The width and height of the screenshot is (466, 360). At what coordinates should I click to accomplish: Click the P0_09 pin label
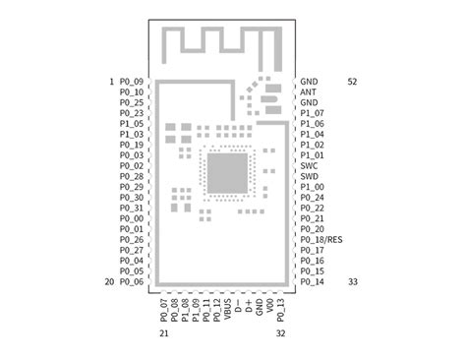[x=132, y=82]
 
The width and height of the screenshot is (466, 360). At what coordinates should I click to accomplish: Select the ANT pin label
[x=309, y=92]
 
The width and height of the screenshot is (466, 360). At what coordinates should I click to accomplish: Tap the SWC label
[x=310, y=166]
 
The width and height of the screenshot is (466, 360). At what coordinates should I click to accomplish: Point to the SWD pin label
[x=310, y=177]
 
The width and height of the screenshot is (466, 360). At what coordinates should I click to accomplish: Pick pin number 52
[x=352, y=82]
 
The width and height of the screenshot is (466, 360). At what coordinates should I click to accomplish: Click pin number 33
[x=352, y=282]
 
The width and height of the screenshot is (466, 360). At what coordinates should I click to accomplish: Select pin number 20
[x=109, y=281]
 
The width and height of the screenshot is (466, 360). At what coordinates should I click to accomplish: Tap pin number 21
[x=163, y=334]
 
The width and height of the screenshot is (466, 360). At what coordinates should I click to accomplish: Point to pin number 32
[x=280, y=334]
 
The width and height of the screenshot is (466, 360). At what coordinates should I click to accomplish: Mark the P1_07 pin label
[x=313, y=113]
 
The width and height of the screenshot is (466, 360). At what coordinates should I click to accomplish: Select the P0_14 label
[x=313, y=282]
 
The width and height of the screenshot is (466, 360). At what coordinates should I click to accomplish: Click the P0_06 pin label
[x=132, y=281]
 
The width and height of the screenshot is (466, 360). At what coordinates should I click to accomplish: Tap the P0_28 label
[x=132, y=177]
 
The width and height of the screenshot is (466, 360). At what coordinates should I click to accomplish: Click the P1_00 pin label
[x=313, y=187]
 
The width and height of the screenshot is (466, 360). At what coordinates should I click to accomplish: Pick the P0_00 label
[x=132, y=218]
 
